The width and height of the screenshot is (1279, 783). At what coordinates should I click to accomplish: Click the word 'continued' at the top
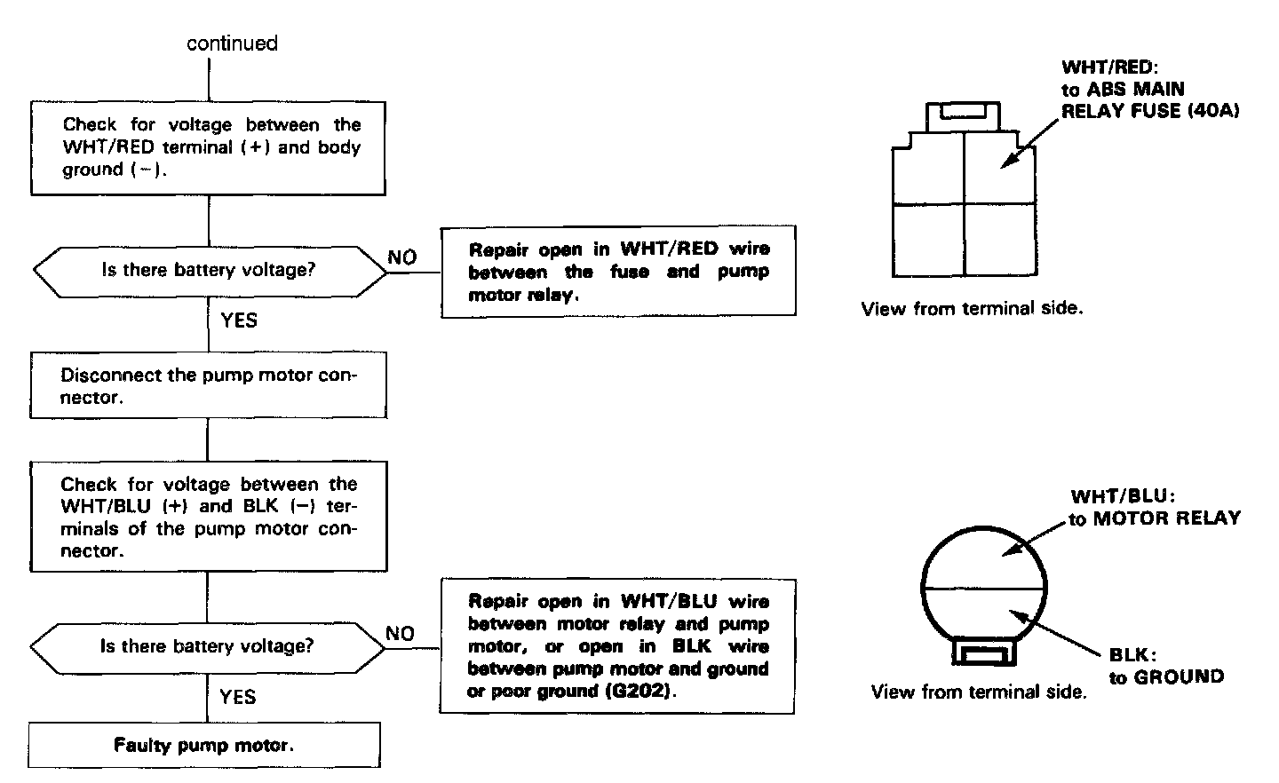[x=232, y=43]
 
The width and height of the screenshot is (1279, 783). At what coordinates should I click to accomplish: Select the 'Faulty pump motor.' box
[x=204, y=745]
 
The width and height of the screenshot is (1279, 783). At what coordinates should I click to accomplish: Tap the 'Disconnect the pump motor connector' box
[x=209, y=386]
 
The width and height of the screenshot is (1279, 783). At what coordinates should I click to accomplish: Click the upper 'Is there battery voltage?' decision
[x=209, y=270]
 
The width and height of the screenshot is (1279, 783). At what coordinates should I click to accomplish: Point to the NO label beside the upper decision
[x=402, y=257]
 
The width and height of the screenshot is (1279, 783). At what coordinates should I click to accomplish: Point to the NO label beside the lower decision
[x=401, y=634]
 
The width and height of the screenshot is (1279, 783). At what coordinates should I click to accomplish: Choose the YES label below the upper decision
[x=239, y=320]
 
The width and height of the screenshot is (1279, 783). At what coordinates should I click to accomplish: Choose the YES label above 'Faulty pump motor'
[x=238, y=697]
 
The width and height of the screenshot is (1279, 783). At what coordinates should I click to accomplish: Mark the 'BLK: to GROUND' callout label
[x=1165, y=666]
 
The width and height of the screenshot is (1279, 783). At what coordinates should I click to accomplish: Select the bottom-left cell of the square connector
[x=928, y=240]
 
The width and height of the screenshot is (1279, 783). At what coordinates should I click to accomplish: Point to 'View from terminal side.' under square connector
[x=972, y=309]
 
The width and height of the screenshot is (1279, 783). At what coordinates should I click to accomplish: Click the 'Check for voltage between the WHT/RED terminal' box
[x=209, y=147]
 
